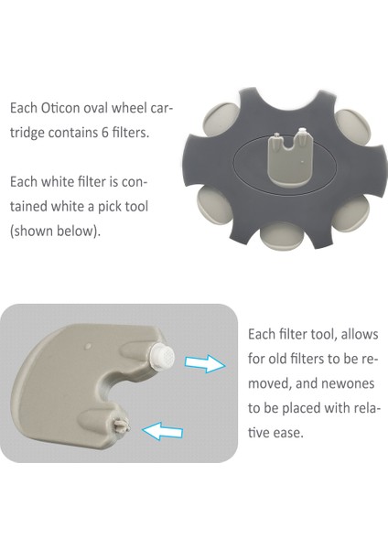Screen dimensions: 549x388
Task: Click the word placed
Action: pos(298,406)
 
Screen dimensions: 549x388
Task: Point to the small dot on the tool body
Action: pos(88,347)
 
